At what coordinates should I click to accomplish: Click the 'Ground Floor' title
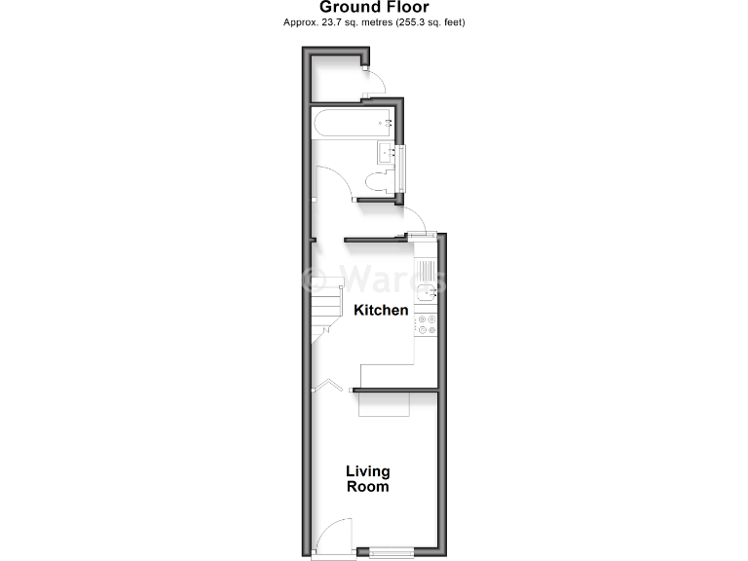click(x=373, y=8)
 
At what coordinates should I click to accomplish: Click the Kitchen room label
click(x=380, y=311)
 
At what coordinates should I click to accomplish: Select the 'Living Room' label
click(x=367, y=478)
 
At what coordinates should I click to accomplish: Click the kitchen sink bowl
click(x=425, y=291)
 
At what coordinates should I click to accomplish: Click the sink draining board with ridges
click(x=425, y=266)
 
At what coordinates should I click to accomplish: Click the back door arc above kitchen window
click(x=412, y=220)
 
